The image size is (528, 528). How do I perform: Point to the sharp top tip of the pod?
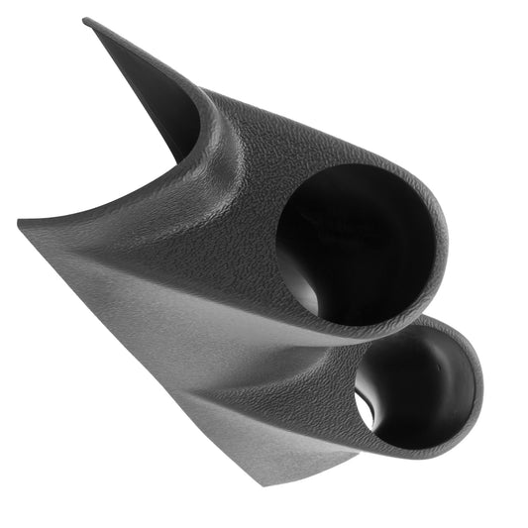(86, 20)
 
